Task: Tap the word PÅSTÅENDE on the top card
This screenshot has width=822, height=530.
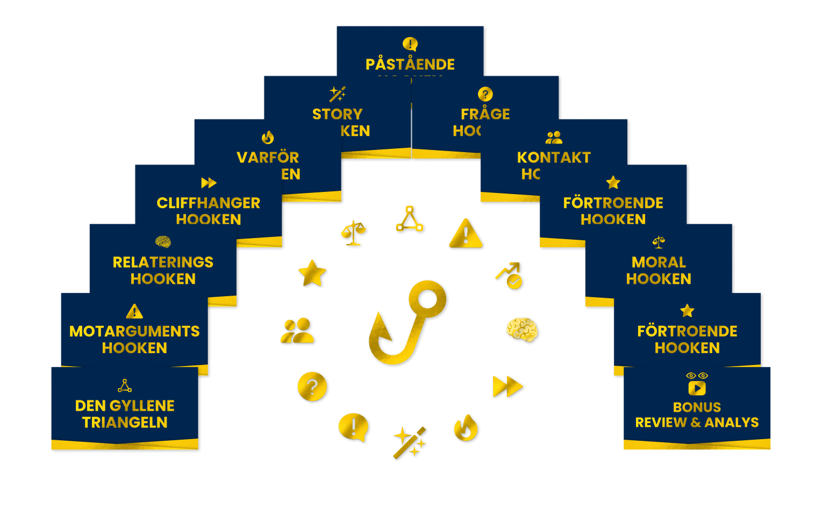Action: (x=410, y=65)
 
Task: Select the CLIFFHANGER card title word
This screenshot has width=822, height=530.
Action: (x=208, y=203)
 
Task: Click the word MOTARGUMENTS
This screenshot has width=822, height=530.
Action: (x=134, y=331)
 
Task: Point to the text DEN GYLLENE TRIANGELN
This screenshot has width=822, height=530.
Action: (x=125, y=414)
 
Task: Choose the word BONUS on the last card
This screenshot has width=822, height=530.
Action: (x=697, y=407)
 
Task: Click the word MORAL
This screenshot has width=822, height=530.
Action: (x=659, y=262)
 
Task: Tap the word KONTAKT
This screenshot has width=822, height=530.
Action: (x=554, y=157)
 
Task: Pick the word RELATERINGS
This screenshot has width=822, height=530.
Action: (x=163, y=262)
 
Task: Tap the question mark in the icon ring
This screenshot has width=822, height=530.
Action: (x=312, y=386)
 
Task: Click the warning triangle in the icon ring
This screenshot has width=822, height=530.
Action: (x=466, y=234)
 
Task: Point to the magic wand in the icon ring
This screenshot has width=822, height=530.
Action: (x=410, y=442)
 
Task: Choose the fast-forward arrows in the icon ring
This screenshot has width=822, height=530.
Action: (x=507, y=386)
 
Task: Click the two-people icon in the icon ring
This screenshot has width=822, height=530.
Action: (x=298, y=331)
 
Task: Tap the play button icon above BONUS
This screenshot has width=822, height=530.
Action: (x=697, y=388)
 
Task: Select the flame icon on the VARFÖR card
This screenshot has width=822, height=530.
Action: (x=267, y=138)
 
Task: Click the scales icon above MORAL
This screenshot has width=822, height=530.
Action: (x=659, y=242)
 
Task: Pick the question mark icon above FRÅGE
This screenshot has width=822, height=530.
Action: (x=485, y=95)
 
